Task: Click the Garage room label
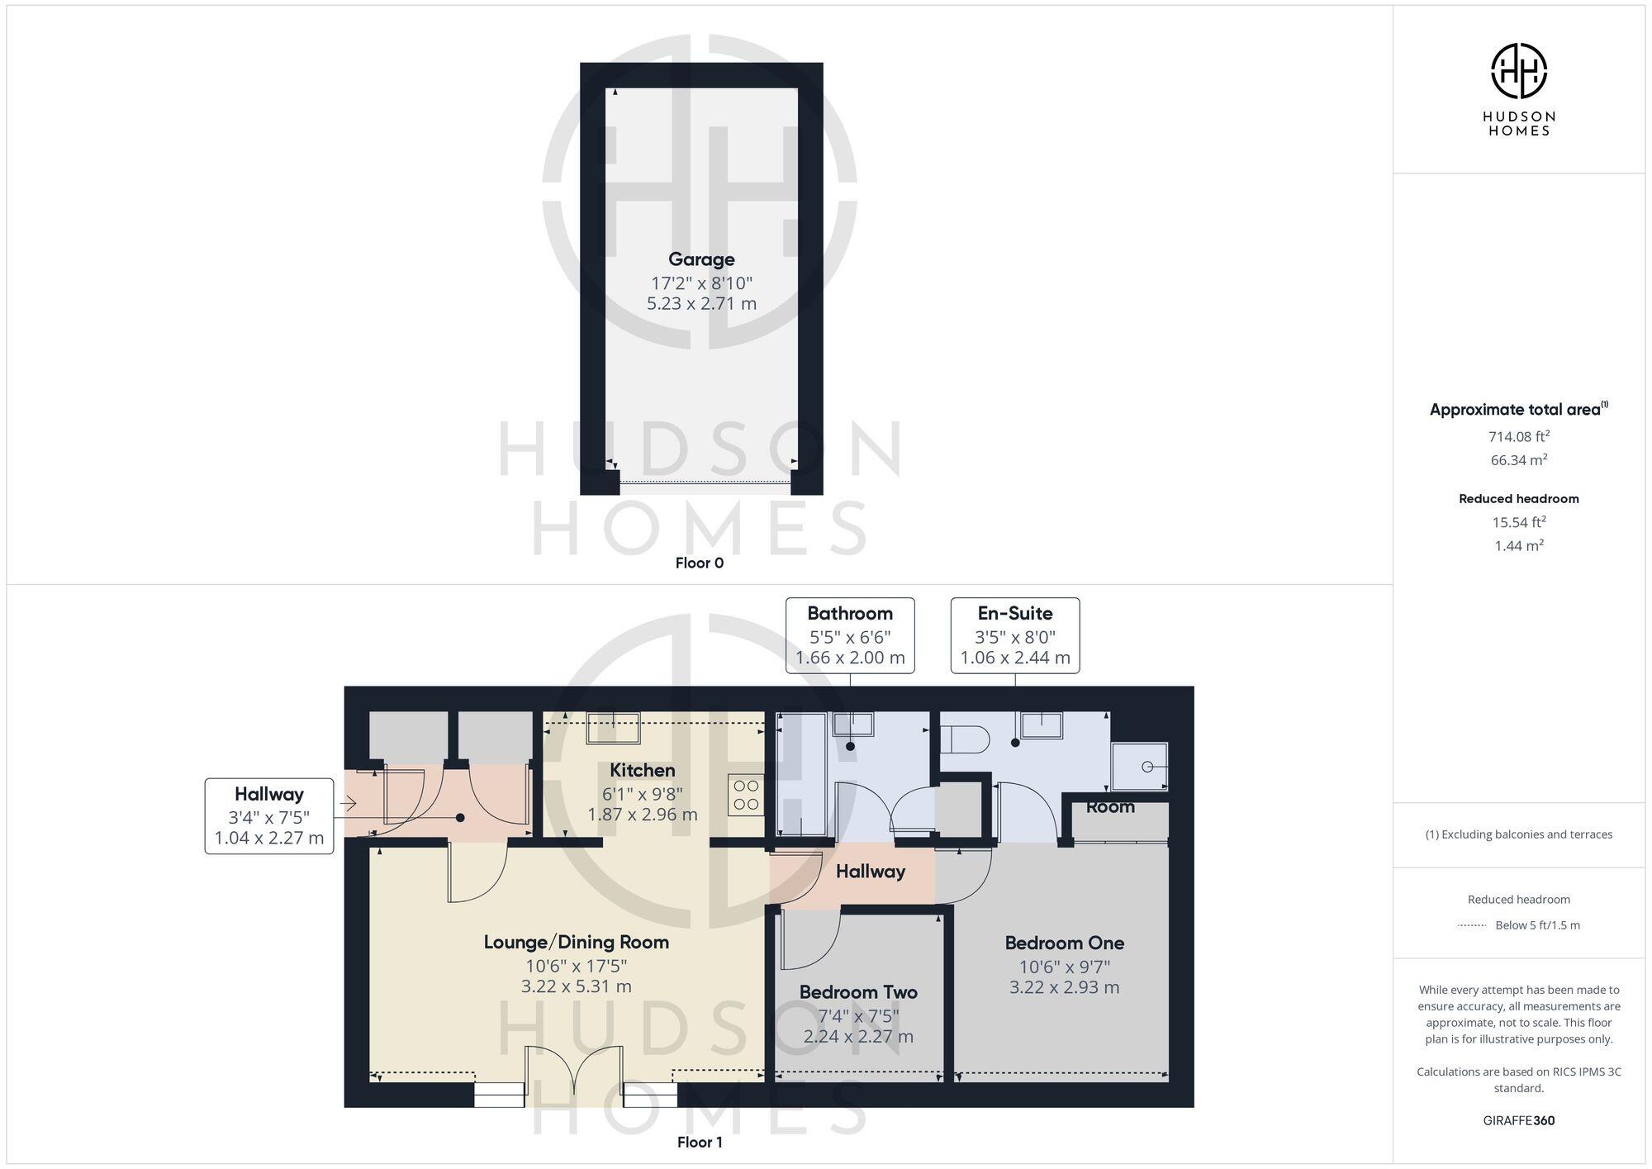tap(701, 259)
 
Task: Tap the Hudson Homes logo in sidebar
tap(1518, 72)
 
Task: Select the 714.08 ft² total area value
tap(1518, 436)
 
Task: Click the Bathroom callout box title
tap(849, 613)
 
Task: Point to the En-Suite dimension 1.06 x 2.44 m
tap(1014, 658)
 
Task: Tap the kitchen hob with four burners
tap(746, 795)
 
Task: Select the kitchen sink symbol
tap(613, 729)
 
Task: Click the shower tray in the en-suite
tap(1140, 767)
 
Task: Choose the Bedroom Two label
tap(858, 992)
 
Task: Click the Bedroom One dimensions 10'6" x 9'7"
tap(1064, 967)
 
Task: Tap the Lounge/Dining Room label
tap(576, 942)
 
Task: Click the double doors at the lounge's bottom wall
tap(574, 1074)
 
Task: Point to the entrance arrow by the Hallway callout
tap(347, 802)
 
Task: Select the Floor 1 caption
tap(700, 1142)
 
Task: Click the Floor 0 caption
tap(699, 563)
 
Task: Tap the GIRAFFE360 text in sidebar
tap(1518, 1120)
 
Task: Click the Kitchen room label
tap(642, 770)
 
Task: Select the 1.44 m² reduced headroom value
tap(1518, 545)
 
